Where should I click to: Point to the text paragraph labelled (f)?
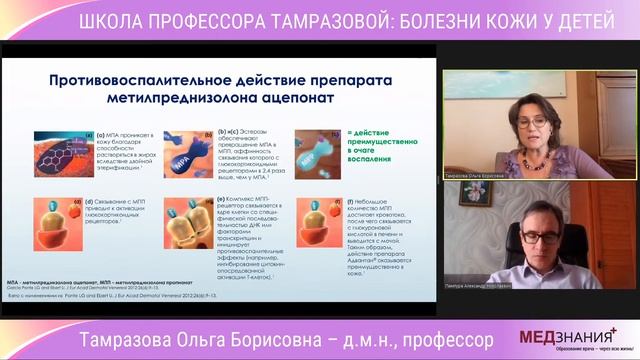381,232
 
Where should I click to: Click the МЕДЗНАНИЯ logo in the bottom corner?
561,338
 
